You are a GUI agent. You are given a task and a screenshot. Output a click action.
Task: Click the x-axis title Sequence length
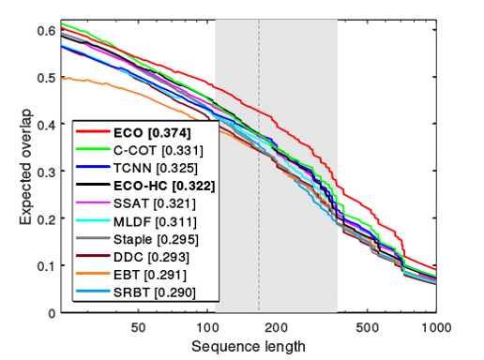click(x=249, y=346)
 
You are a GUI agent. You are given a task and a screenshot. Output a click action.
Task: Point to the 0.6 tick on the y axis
click(x=43, y=30)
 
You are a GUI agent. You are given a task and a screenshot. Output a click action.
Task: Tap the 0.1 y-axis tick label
click(x=43, y=266)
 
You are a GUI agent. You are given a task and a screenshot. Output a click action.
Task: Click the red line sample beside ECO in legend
click(x=95, y=132)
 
